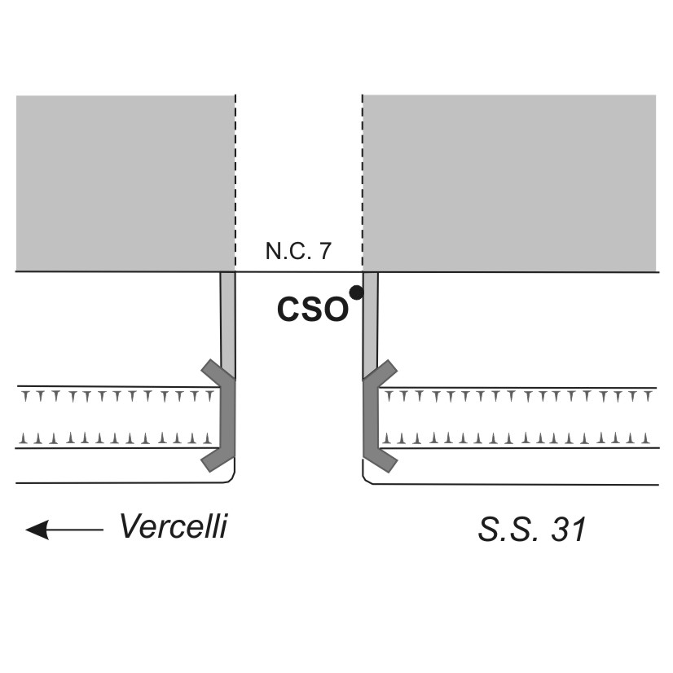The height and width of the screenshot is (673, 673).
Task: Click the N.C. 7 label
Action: (x=297, y=252)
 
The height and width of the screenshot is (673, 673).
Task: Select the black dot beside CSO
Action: (x=355, y=292)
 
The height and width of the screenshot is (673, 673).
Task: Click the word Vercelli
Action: (x=173, y=527)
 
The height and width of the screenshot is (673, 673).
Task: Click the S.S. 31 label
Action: (x=531, y=530)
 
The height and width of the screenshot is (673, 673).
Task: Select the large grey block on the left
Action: (x=125, y=183)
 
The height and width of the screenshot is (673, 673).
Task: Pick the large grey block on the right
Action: (x=509, y=183)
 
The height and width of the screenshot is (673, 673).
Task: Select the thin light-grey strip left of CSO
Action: (x=228, y=318)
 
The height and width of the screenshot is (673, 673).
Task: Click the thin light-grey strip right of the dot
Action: (x=370, y=318)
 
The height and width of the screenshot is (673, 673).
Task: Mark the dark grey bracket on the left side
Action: (x=223, y=416)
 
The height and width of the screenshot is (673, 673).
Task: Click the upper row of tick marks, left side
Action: (x=118, y=397)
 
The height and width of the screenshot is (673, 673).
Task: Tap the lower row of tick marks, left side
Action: (x=118, y=438)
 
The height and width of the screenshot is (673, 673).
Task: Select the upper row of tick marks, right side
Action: (x=518, y=397)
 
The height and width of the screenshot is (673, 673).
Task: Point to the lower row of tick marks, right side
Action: (x=518, y=438)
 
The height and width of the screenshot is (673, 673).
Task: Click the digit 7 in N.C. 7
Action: (x=325, y=252)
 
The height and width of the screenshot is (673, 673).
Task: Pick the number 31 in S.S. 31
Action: (x=568, y=530)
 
